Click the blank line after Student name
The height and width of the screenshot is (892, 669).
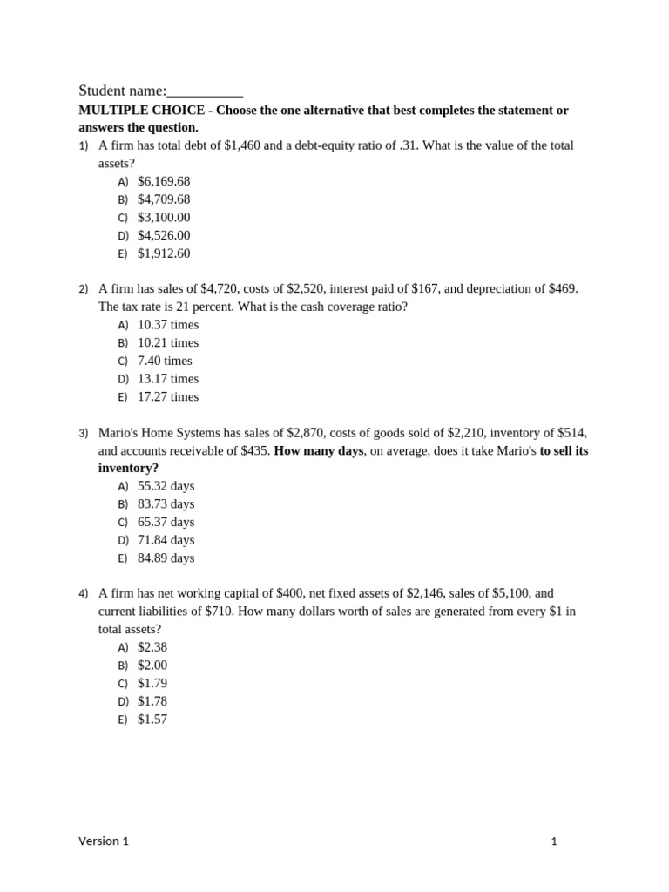coord(205,91)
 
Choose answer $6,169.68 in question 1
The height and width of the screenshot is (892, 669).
coord(164,181)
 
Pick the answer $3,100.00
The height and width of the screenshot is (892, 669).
coord(164,217)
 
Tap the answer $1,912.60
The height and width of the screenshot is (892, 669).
coord(164,253)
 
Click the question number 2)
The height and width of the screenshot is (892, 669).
coord(84,289)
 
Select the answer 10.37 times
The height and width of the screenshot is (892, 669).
coord(168,325)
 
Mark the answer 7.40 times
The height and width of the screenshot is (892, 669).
coord(165,361)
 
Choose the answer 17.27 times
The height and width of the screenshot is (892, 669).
coord(168,396)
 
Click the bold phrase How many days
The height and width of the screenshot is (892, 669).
coord(319,450)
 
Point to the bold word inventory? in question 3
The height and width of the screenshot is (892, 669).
coord(128,468)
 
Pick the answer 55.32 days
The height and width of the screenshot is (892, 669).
coord(166,486)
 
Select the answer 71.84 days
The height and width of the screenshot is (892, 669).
coord(166,540)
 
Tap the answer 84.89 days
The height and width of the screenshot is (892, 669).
coord(166,557)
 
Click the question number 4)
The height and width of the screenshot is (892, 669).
coord(84,594)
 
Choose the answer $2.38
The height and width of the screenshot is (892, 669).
coord(152,647)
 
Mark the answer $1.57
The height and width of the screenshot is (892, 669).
coord(152,720)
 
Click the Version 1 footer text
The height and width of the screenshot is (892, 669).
coord(104,841)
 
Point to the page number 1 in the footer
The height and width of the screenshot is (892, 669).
coord(554,841)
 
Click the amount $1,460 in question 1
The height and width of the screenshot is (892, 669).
coord(241,145)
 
